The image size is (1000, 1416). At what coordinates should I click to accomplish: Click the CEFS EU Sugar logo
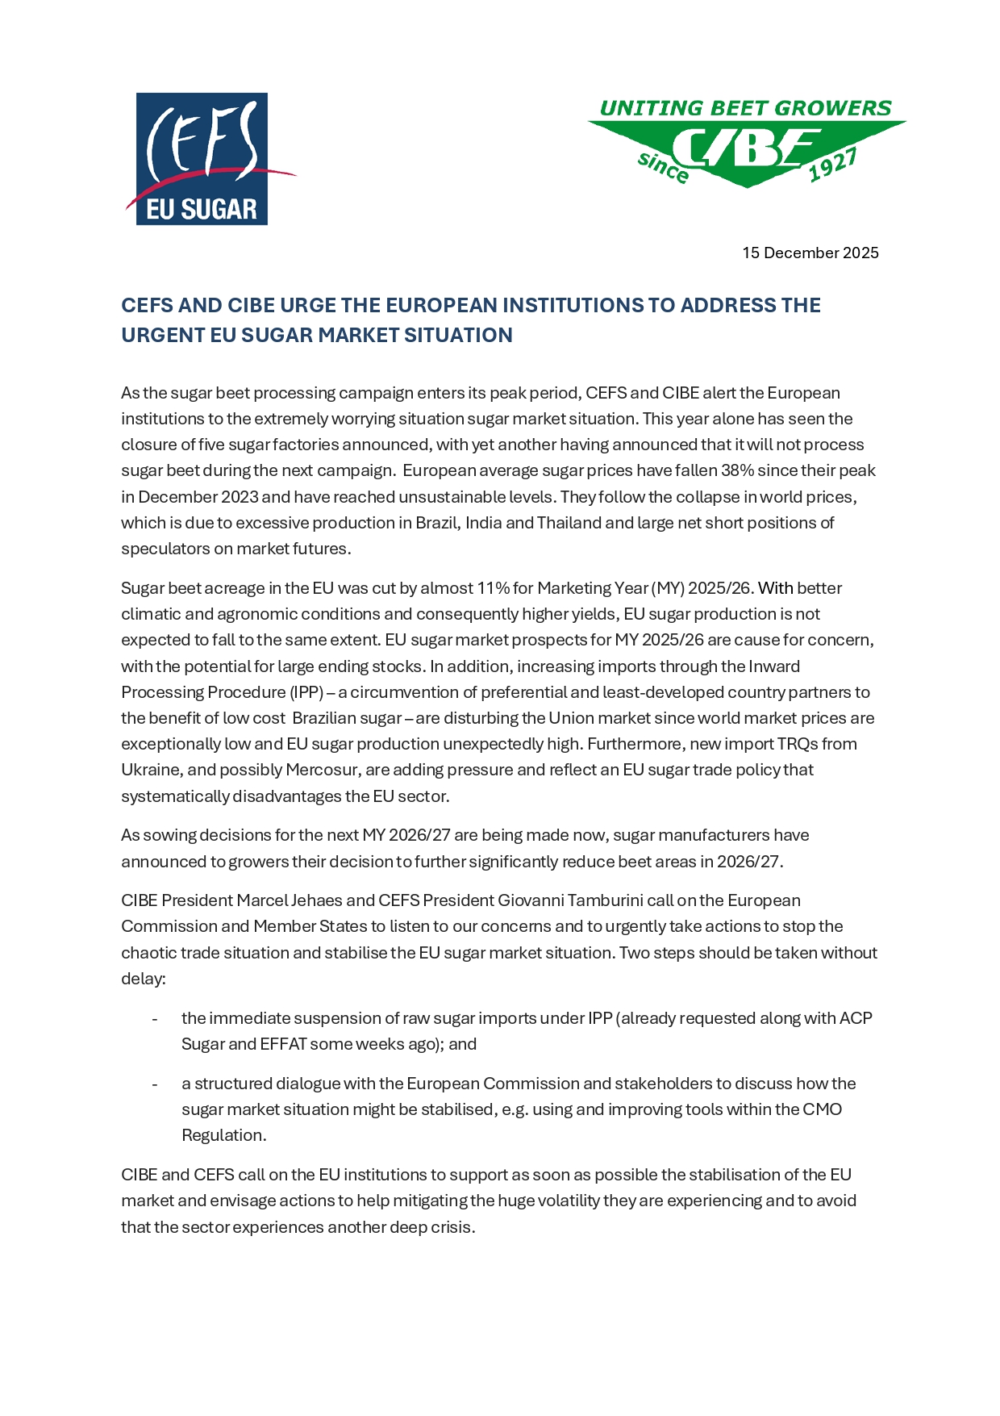(202, 159)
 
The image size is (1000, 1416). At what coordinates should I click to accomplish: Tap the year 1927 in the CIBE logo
(832, 165)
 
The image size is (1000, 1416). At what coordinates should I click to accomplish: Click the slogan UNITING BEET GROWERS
(745, 108)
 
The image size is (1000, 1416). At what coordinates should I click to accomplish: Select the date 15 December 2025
(810, 253)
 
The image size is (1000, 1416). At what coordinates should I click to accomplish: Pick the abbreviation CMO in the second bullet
(822, 1109)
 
